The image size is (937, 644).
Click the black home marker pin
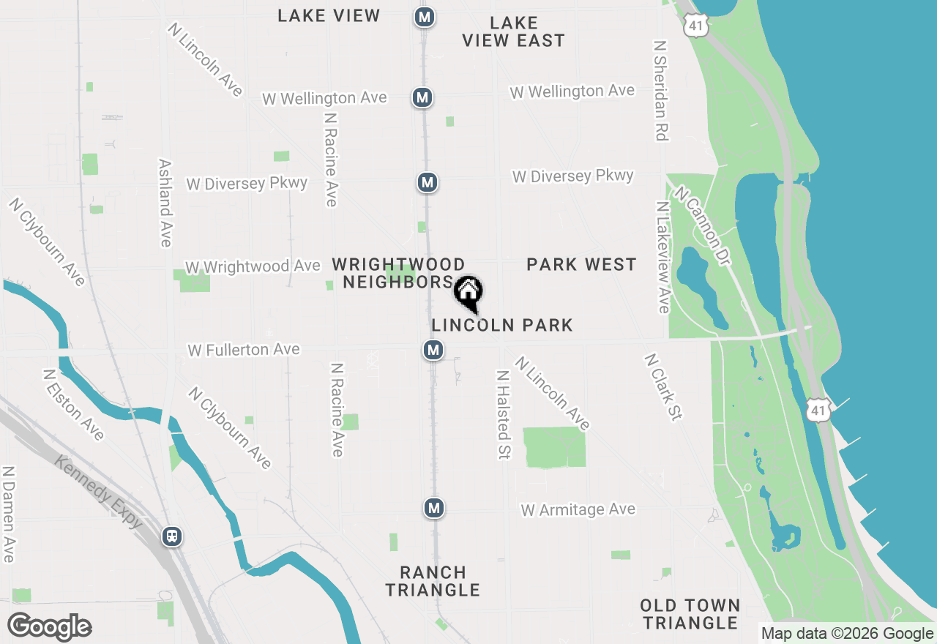coord(468,293)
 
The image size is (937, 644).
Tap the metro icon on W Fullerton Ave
coord(433,350)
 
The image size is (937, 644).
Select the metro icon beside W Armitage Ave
coord(434,507)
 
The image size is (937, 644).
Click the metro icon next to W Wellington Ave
coord(422,97)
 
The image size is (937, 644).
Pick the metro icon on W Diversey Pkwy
coord(428,182)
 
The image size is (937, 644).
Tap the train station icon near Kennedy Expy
coord(173,536)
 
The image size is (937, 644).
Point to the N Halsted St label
coord(503,414)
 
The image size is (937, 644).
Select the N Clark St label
coord(663,387)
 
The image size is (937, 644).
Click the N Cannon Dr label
coord(703,225)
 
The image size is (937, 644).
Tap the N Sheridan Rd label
coord(661,89)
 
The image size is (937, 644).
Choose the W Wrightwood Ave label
coord(253,266)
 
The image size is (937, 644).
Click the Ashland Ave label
coord(165,203)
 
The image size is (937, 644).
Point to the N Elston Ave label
coord(73,405)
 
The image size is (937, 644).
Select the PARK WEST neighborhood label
coord(581,264)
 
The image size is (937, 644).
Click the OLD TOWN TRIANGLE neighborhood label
coord(690,614)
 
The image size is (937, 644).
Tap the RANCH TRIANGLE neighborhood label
coord(433,581)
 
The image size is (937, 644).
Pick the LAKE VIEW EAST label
coord(514,31)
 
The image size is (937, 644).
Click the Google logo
coord(49,627)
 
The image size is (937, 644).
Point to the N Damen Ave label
coord(9,514)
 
